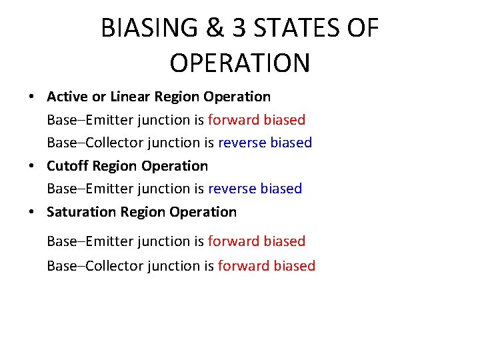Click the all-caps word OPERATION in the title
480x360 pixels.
point(239,63)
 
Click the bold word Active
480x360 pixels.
point(67,97)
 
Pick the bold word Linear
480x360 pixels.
point(130,97)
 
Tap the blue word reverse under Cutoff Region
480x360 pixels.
point(232,189)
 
